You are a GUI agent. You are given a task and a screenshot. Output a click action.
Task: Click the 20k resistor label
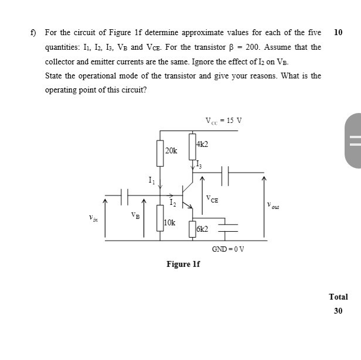click(x=171, y=151)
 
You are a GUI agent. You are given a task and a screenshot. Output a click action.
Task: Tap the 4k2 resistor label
click(x=202, y=144)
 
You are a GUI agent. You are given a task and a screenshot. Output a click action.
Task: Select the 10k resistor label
click(x=169, y=223)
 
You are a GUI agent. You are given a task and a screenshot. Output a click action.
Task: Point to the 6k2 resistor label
click(x=203, y=229)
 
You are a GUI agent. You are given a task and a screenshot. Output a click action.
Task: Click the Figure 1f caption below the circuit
click(x=183, y=265)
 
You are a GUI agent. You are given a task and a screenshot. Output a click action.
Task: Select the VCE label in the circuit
click(x=212, y=199)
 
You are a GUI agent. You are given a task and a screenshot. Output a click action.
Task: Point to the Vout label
click(x=273, y=205)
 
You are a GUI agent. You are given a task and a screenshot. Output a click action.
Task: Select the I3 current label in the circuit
click(x=199, y=163)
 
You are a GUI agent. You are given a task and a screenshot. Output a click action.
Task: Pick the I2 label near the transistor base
click(x=172, y=203)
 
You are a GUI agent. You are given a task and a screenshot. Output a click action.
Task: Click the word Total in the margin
click(x=338, y=297)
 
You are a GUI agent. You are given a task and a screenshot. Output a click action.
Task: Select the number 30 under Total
click(x=338, y=310)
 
